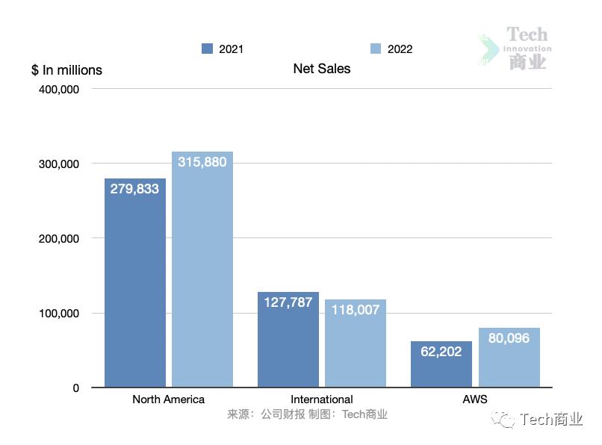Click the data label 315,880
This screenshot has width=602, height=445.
[x=202, y=162]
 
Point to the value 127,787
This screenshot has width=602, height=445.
[x=288, y=302]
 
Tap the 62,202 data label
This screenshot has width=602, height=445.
[x=441, y=352]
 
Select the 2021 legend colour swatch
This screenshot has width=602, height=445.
[x=208, y=49]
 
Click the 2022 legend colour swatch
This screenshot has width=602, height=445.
[x=376, y=49]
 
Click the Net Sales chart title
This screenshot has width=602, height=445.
[x=321, y=69]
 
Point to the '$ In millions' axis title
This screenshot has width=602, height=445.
[x=66, y=70]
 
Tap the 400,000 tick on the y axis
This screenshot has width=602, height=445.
[x=58, y=89]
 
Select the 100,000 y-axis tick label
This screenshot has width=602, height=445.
[x=58, y=313]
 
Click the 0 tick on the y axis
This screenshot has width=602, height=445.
[x=75, y=388]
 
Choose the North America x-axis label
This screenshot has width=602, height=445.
[x=168, y=399]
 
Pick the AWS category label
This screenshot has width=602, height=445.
[x=475, y=399]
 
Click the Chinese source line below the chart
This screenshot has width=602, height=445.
[x=307, y=414]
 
